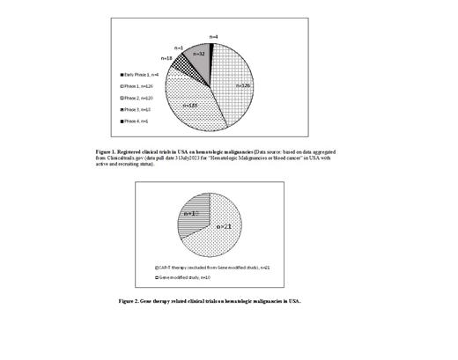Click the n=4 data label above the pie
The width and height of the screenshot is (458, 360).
pos(217,36)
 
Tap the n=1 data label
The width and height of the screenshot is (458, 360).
pos(179,46)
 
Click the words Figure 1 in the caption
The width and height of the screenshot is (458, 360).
pos(108,151)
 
